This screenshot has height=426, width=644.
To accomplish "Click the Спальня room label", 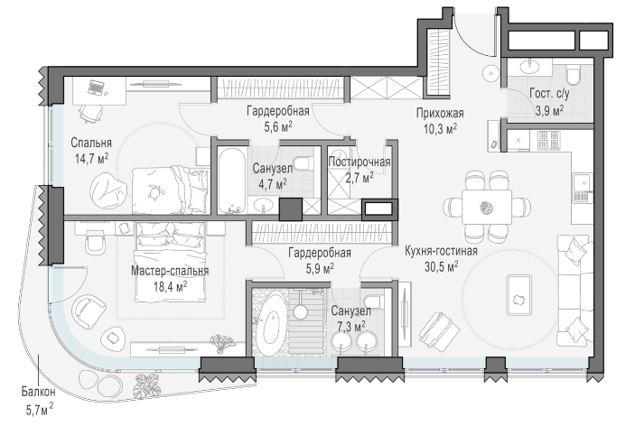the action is pos(91,143).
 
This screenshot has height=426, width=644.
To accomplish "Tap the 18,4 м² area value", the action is pos(170,286).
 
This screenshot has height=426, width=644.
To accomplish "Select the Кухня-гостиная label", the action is pos(441,251).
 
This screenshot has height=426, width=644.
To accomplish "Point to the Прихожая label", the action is pos(440,113).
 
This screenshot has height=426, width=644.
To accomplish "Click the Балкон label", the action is pos(38,392).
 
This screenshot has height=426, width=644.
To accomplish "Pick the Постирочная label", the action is pos(359,162).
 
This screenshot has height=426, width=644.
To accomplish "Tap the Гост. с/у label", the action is pos(549,94).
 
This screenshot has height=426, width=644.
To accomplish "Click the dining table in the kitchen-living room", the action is pos(487,207).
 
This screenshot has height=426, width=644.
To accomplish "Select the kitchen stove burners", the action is pos(549,140).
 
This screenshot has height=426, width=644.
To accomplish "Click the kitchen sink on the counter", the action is pos(582,182).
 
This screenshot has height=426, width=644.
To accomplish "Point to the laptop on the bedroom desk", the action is pos(96,88).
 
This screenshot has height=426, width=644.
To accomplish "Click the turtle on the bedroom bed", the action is pos(154,190).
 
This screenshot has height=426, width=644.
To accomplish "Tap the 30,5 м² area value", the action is pos(442,267).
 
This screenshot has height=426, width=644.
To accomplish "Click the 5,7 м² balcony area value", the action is pos(40,409).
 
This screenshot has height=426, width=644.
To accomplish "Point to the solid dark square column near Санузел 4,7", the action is pos(291,209).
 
